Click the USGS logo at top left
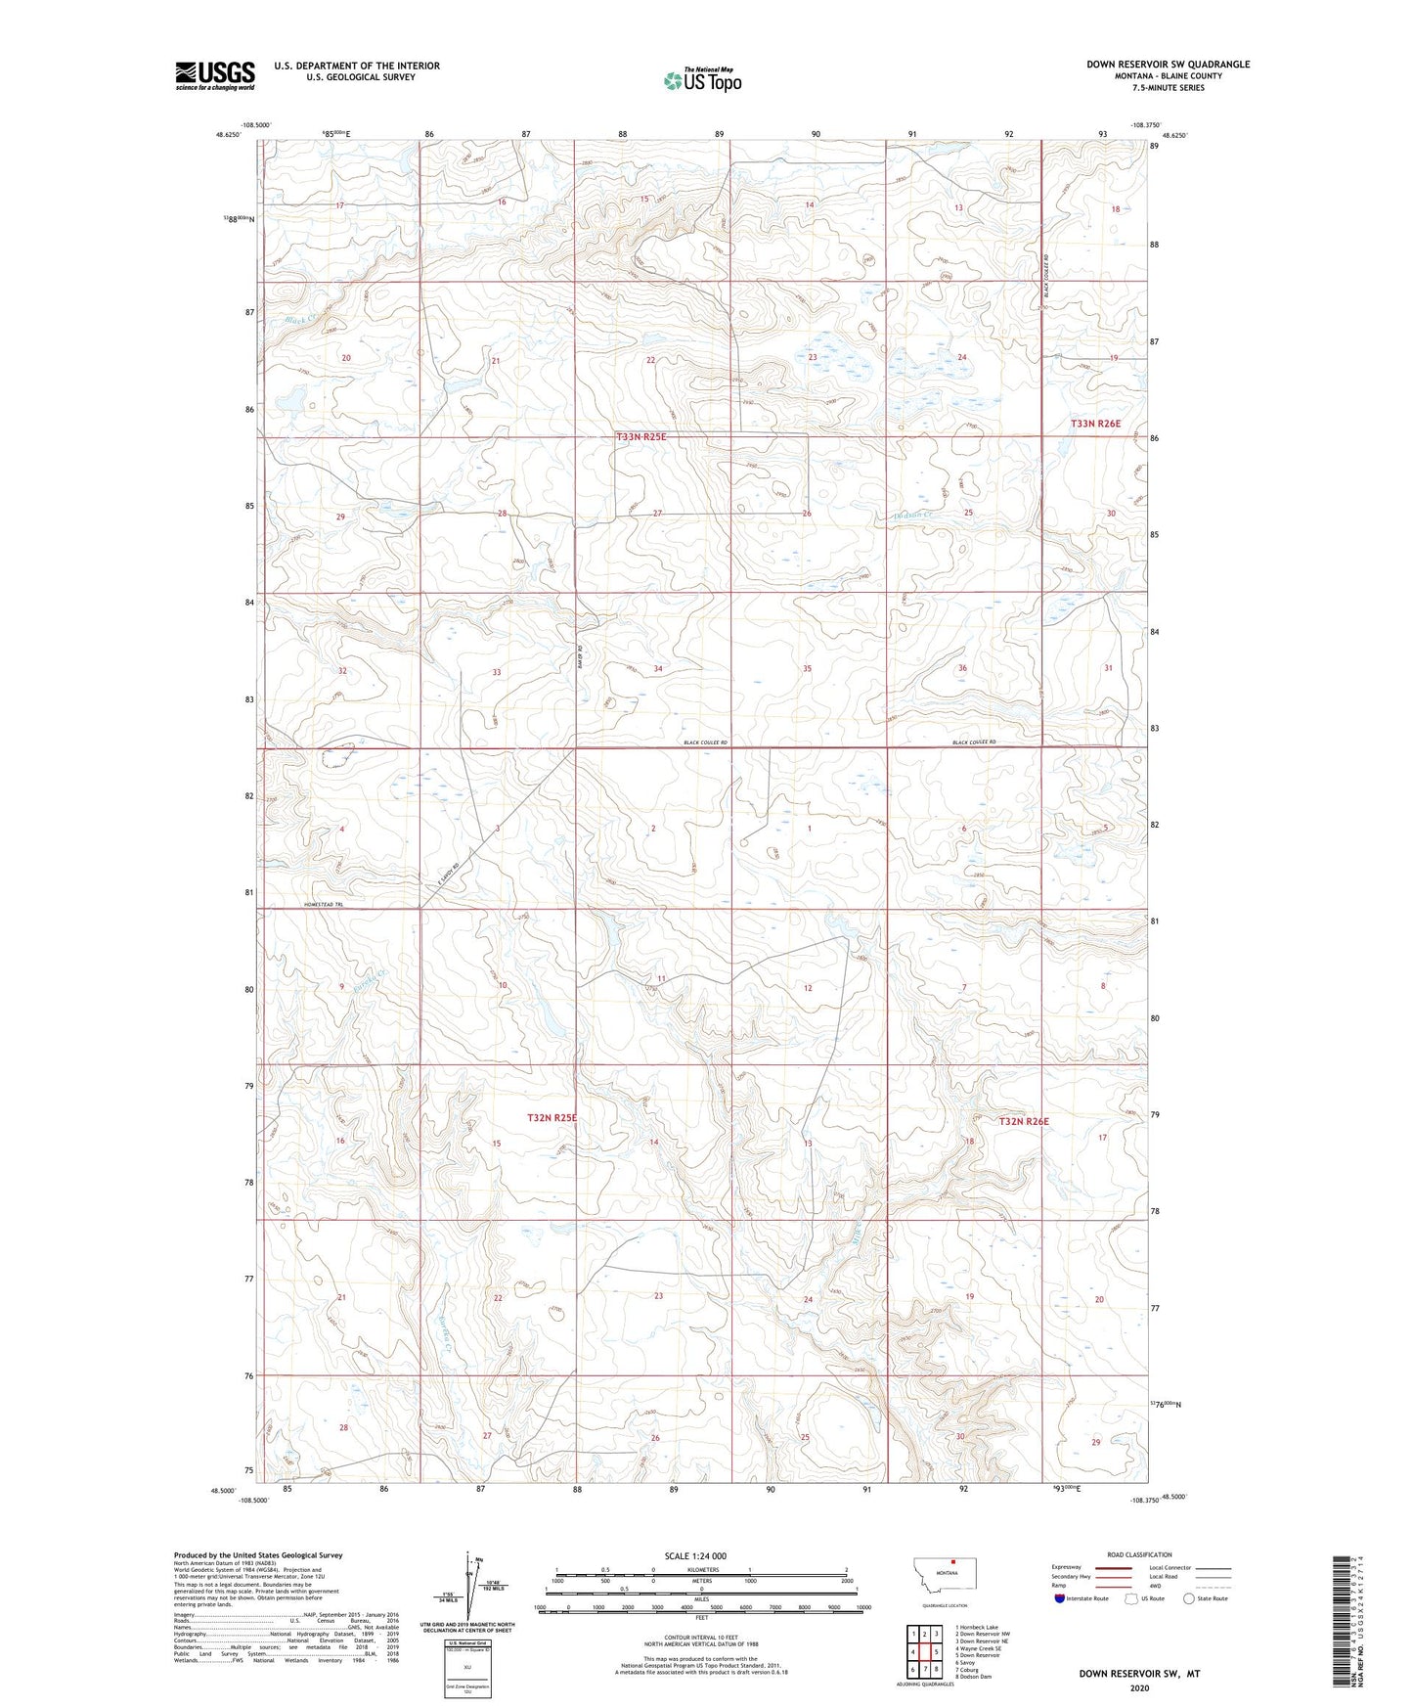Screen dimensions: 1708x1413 click(x=215, y=75)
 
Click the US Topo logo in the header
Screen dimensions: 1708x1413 click(x=702, y=80)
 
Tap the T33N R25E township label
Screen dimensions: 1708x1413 click(x=640, y=437)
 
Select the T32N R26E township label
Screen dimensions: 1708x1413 click(x=1023, y=1121)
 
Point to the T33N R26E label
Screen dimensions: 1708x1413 click(x=1095, y=424)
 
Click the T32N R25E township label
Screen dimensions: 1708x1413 click(x=552, y=1117)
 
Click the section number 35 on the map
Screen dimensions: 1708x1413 click(x=807, y=669)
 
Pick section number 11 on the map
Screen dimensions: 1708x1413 click(x=661, y=979)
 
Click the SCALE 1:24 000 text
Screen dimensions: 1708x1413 click(x=695, y=1555)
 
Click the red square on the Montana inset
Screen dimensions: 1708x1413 click(x=952, y=1561)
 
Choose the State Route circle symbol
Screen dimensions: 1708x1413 click(x=1189, y=1598)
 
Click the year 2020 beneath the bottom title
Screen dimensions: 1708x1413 click(x=1139, y=1687)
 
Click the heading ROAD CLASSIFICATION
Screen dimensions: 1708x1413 click(x=1139, y=1554)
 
